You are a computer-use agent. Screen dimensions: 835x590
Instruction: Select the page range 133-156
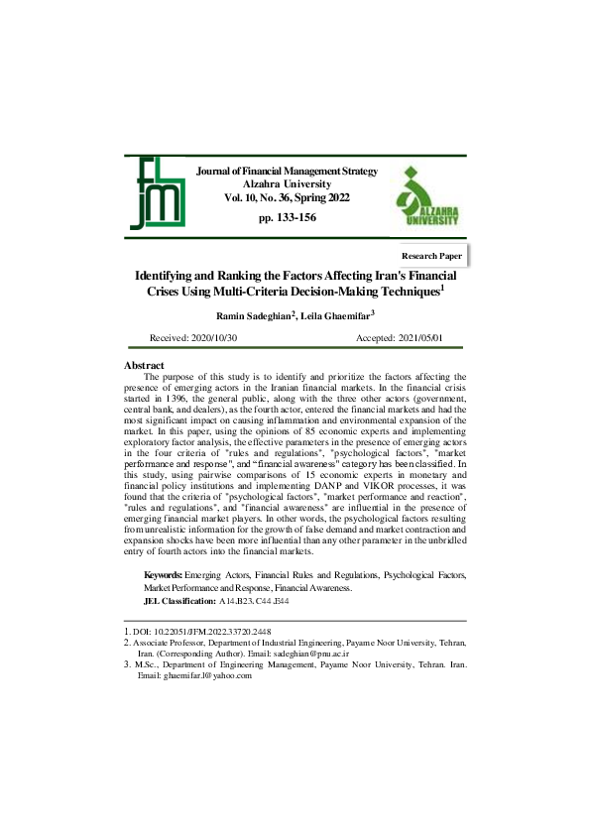(x=287, y=217)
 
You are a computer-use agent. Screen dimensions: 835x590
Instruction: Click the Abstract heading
(x=144, y=366)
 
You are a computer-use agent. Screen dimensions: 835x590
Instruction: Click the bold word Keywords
(x=162, y=574)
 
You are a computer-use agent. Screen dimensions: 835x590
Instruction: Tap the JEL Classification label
(x=179, y=601)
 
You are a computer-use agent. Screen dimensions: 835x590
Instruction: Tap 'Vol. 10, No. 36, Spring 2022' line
(x=287, y=198)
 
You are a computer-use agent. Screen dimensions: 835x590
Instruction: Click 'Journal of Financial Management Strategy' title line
(x=288, y=172)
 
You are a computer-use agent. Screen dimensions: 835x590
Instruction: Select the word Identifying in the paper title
(x=171, y=275)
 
